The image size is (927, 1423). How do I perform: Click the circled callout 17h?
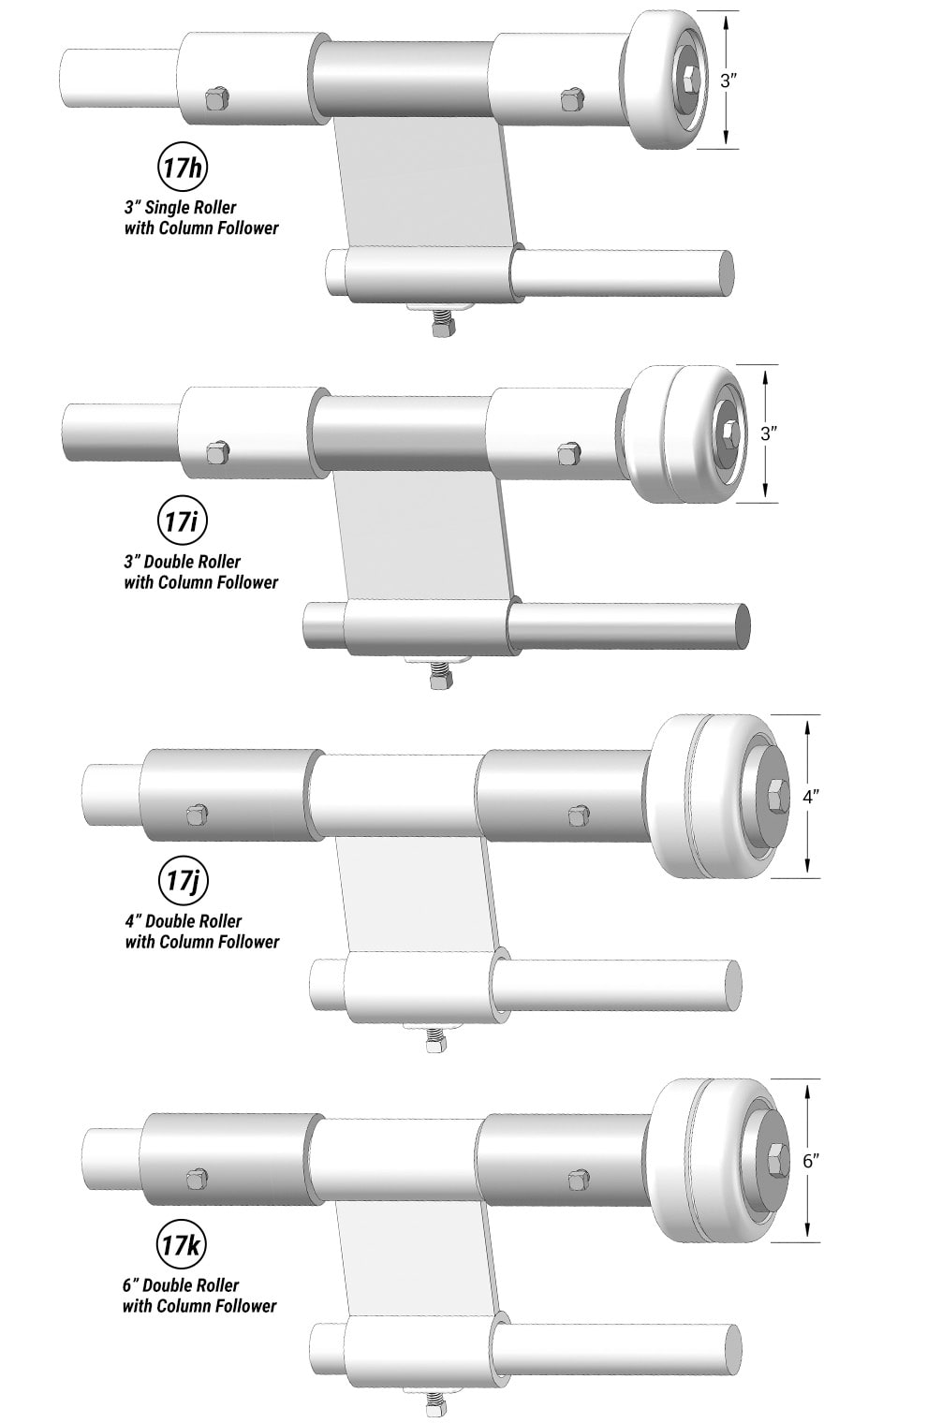pyautogui.click(x=181, y=169)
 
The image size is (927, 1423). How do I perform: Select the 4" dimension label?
pyautogui.click(x=811, y=797)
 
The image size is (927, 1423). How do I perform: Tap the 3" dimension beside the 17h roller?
pyautogui.click(x=728, y=81)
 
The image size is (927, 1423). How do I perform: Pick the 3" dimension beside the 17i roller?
pyautogui.click(x=768, y=433)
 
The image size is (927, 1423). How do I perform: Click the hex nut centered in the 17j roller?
pyautogui.click(x=775, y=798)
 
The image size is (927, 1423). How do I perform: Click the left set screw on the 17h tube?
pyautogui.click(x=216, y=97)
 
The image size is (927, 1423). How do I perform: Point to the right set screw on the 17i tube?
pyautogui.click(x=567, y=454)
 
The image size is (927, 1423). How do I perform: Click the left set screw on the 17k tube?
pyautogui.click(x=197, y=1179)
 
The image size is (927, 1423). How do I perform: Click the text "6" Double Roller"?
pyautogui.click(x=182, y=1285)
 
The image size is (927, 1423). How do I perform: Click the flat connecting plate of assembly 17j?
pyautogui.click(x=412, y=899)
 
